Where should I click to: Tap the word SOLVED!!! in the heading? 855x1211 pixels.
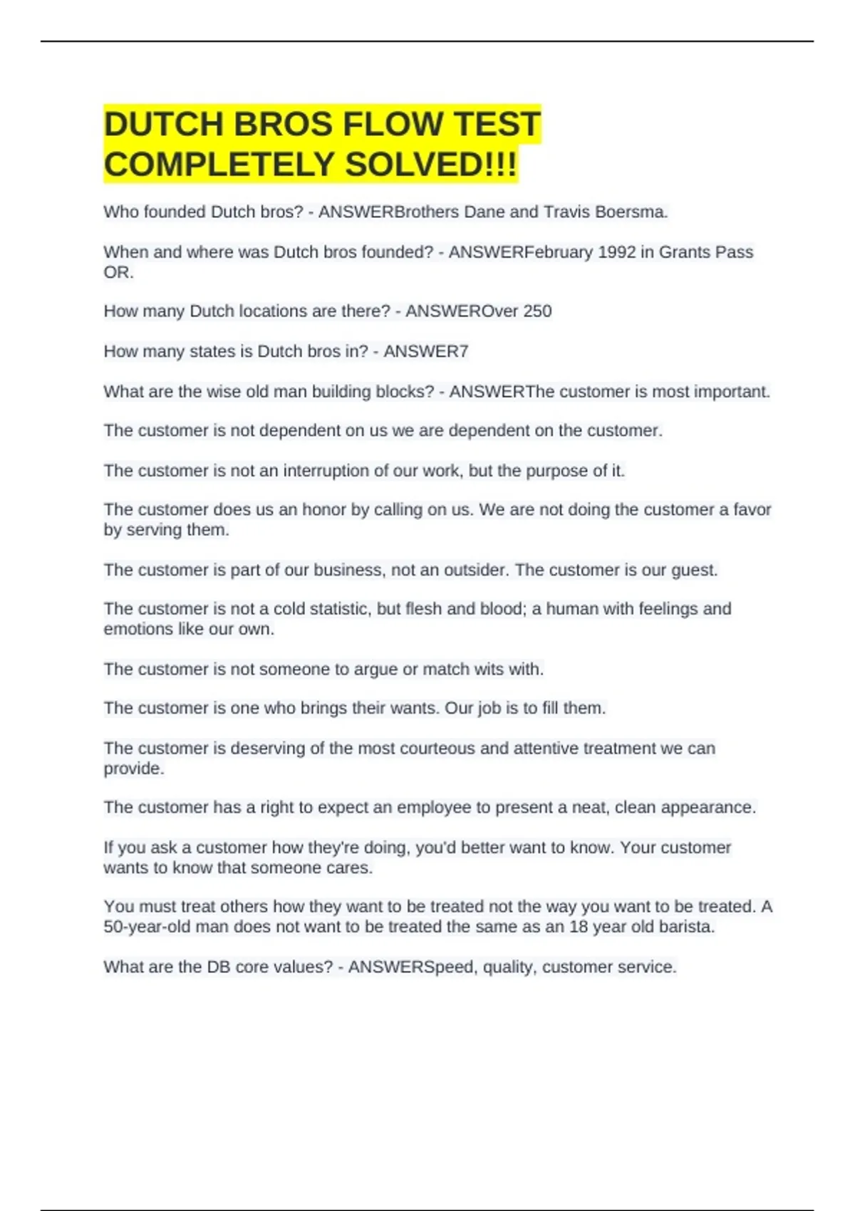(431, 165)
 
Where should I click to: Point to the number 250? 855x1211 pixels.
(537, 311)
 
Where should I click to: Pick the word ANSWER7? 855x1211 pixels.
(426, 351)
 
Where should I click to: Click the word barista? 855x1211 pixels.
(685, 927)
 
